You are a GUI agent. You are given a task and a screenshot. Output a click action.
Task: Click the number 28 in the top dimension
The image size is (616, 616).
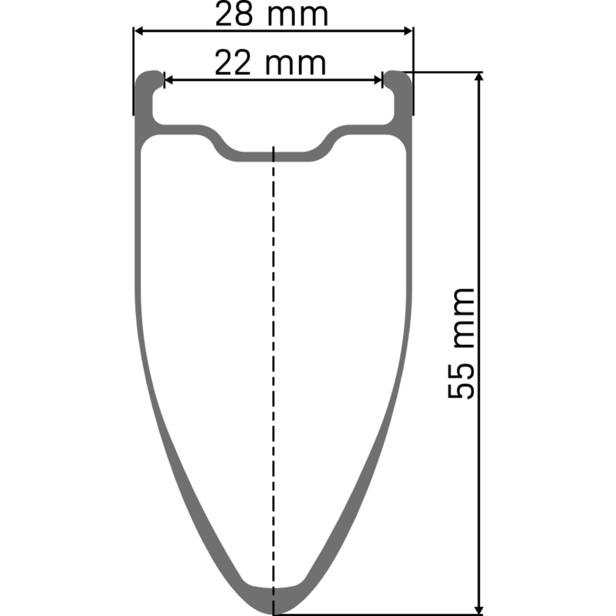pyautogui.click(x=234, y=15)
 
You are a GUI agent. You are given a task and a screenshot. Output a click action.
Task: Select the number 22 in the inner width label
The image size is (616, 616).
pyautogui.click(x=233, y=63)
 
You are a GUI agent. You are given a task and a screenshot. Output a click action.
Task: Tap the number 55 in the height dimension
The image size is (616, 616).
pyautogui.click(x=461, y=382)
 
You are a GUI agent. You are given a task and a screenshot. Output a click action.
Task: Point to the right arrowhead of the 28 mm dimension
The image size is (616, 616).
pyautogui.click(x=408, y=31)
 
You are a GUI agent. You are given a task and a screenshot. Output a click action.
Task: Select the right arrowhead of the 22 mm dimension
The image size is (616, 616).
pyautogui.click(x=378, y=80)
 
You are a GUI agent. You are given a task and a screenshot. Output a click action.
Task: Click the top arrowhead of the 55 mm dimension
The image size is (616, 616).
pyautogui.click(x=479, y=77)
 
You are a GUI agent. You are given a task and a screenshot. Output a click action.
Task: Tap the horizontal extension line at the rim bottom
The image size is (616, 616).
pyautogui.click(x=376, y=614)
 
